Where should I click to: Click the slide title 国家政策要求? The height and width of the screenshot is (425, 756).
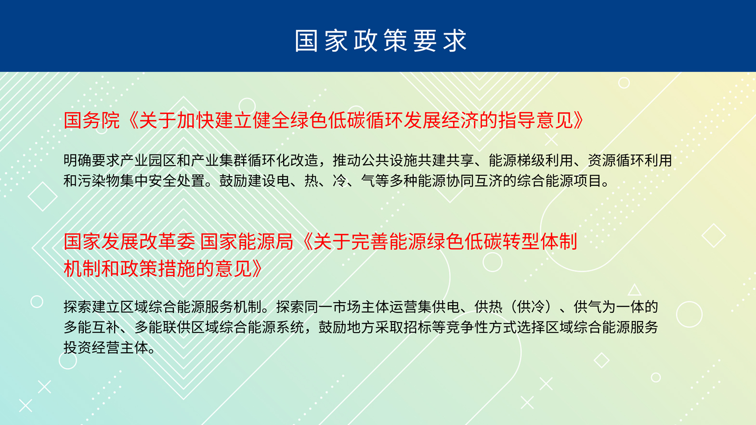tap(381, 40)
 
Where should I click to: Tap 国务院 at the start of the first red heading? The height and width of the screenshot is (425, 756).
tap(92, 120)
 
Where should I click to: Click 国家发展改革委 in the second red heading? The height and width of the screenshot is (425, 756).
tap(129, 242)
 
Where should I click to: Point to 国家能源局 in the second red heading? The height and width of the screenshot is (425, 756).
tap(247, 242)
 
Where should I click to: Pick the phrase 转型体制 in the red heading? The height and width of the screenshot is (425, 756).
tap(540, 242)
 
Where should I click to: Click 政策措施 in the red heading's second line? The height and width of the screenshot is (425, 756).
tap(157, 269)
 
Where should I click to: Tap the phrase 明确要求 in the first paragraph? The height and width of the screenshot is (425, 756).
tap(92, 160)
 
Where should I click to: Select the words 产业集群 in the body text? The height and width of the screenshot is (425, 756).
tap(220, 160)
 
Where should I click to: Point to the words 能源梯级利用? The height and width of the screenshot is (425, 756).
tap(531, 160)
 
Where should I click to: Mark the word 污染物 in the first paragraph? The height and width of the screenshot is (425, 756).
tap(99, 181)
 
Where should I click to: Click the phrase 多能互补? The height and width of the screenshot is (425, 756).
tap(92, 327)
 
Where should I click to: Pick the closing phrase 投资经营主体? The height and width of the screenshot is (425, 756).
tap(106, 348)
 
